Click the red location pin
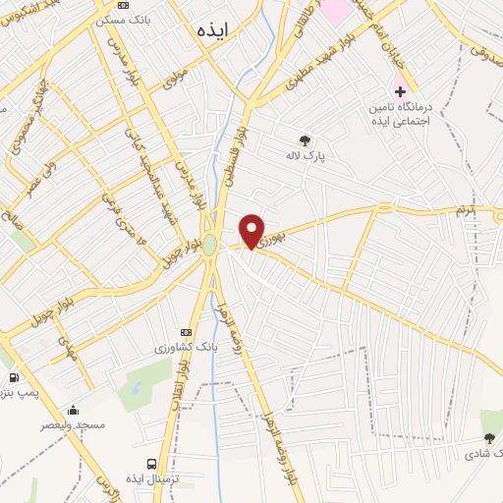tap(252, 231)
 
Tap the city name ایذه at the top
tap(210, 29)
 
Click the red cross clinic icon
tap(400, 90)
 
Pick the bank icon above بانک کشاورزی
tap(187, 333)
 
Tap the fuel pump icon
tap(14, 377)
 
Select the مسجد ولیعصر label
tap(66, 425)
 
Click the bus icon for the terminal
tap(150, 463)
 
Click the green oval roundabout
tap(209, 244)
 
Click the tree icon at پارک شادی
tap(488, 438)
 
